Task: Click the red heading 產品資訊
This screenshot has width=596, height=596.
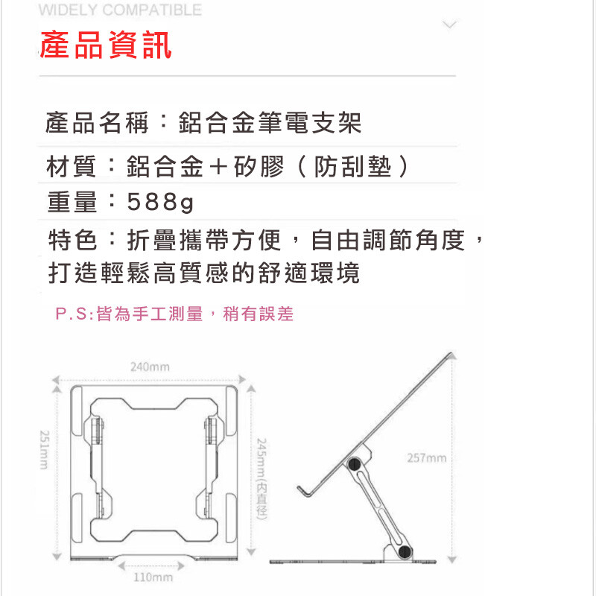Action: (x=106, y=45)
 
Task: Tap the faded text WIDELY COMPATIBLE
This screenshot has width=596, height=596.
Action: (x=120, y=10)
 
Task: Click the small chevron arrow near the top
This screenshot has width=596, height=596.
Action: (x=449, y=25)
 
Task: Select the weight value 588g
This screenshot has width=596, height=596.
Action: (x=160, y=202)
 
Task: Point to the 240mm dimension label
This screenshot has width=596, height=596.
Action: (x=150, y=367)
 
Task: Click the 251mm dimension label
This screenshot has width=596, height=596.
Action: (x=45, y=450)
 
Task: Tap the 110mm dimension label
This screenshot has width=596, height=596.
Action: (x=153, y=577)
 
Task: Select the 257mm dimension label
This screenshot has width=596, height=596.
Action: (x=426, y=458)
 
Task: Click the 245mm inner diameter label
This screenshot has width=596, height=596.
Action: (x=261, y=479)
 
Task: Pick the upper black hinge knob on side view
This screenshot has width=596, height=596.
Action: (x=355, y=464)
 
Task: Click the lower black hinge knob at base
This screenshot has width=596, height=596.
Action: (x=405, y=551)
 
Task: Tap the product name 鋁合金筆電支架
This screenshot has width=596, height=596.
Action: (x=270, y=123)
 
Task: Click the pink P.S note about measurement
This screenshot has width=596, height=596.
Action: (x=174, y=314)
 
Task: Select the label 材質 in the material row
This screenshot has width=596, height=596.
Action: (x=71, y=166)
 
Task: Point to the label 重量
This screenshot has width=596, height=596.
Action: (x=72, y=202)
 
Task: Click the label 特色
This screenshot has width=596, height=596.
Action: (x=72, y=240)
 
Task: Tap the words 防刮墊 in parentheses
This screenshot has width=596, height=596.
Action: (x=352, y=166)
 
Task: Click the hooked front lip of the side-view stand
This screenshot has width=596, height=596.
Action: (x=304, y=491)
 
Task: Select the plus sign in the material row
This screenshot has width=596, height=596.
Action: (x=218, y=167)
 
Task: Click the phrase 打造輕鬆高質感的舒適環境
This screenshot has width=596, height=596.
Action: (x=203, y=273)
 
